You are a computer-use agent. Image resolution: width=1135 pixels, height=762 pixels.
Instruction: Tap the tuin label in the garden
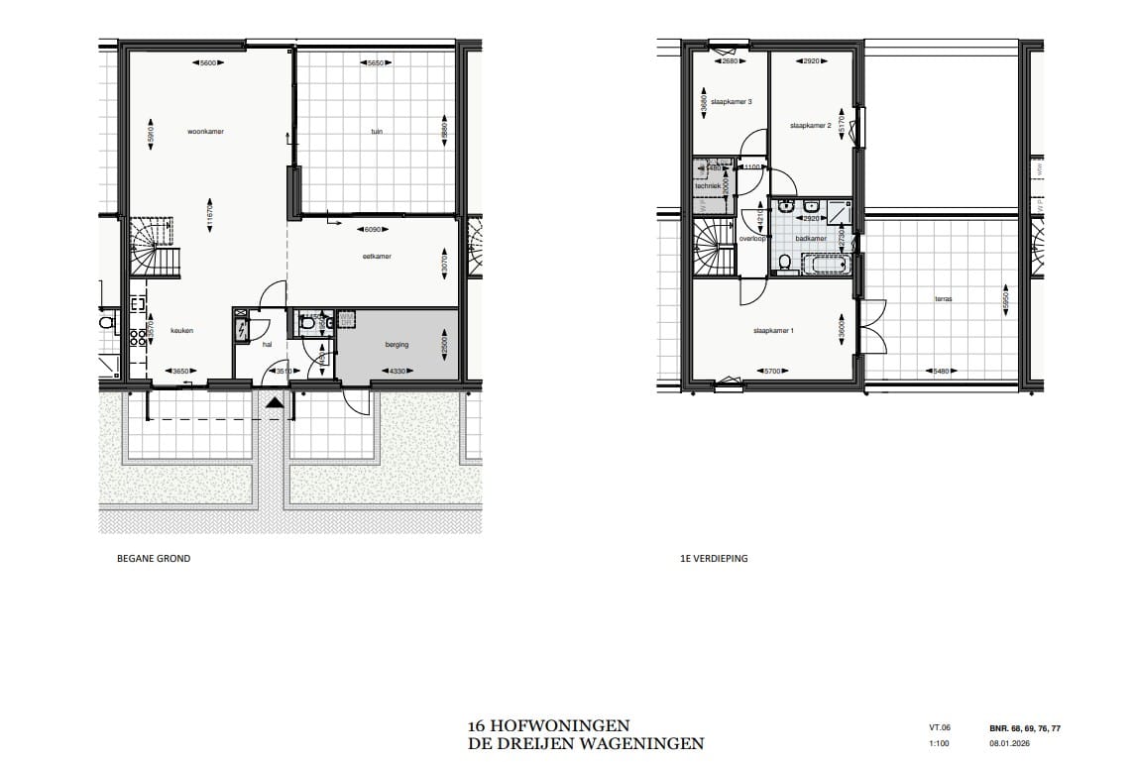coord(376,131)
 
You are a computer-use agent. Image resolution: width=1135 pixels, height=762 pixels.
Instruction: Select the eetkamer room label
coord(377,256)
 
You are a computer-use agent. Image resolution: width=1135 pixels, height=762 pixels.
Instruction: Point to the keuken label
coord(180,332)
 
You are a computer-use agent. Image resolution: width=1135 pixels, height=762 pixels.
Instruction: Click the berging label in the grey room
coord(397,345)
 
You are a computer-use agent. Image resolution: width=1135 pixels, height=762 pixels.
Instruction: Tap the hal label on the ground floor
coord(267,345)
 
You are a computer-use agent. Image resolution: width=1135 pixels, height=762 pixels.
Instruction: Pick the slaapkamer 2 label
coord(810,126)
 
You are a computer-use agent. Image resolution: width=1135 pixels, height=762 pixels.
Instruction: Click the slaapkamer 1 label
coord(774,330)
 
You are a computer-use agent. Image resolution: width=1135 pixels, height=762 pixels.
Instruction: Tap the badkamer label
coord(810,239)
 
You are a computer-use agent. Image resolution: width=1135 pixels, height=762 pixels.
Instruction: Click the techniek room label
coord(707,185)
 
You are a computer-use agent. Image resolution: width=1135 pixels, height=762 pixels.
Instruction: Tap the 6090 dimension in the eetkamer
coord(374,230)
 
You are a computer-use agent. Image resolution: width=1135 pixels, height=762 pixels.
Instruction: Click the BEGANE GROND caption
coord(154,559)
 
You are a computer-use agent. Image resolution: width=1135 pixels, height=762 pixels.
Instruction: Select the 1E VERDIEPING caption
coord(708,559)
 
